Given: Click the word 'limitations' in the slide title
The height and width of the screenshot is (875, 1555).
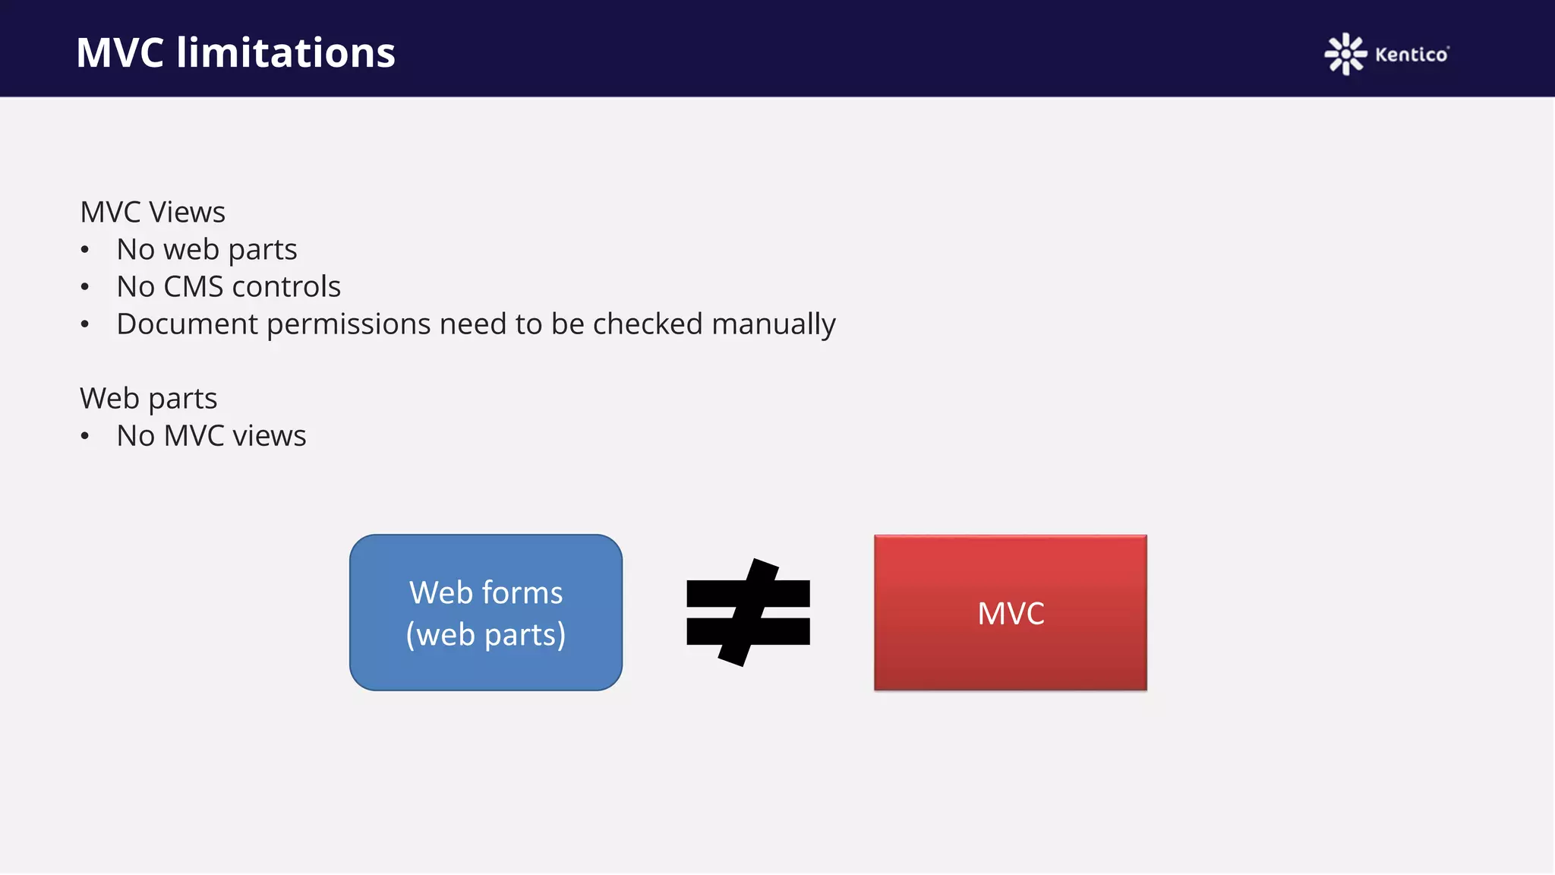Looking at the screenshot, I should coord(285,52).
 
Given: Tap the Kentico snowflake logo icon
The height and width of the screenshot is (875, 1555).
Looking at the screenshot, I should coord(1345,54).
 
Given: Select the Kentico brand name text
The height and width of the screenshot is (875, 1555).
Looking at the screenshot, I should coord(1411,55).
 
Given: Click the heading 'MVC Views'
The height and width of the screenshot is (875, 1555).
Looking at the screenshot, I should coord(153,212).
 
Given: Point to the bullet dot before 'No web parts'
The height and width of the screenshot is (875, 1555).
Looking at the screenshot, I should coord(85,250).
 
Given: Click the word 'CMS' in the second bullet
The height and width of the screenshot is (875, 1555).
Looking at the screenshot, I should coord(194,286).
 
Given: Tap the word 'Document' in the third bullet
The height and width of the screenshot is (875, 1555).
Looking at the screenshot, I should coord(187,324).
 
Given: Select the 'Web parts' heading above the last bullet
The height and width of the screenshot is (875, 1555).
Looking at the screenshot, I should coord(149,398).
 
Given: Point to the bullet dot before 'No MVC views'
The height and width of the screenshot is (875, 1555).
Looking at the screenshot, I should coord(85,437).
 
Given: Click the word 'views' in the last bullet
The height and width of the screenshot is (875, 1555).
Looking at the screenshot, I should coord(270,436).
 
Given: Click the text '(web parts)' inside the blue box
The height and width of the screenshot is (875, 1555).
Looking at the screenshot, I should coord(486,634).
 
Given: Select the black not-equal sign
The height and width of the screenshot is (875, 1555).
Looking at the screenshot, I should coord(748,612).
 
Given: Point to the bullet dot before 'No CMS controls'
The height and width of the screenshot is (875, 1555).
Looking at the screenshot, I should coord(85,287).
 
